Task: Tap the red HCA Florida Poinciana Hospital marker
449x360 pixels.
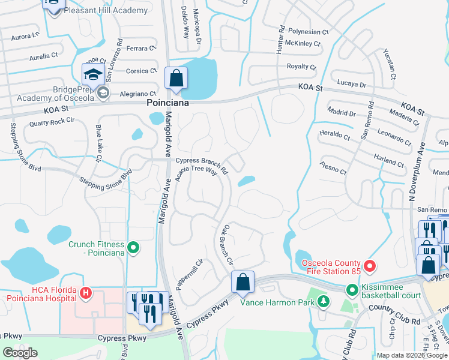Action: [86, 293]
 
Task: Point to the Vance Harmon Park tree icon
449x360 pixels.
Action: [324, 301]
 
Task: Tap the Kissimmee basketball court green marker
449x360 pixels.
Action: [352, 290]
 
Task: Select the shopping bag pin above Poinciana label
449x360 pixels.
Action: [176, 78]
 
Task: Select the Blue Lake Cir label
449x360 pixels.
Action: [98, 143]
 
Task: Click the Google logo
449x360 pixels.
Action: [20, 352]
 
